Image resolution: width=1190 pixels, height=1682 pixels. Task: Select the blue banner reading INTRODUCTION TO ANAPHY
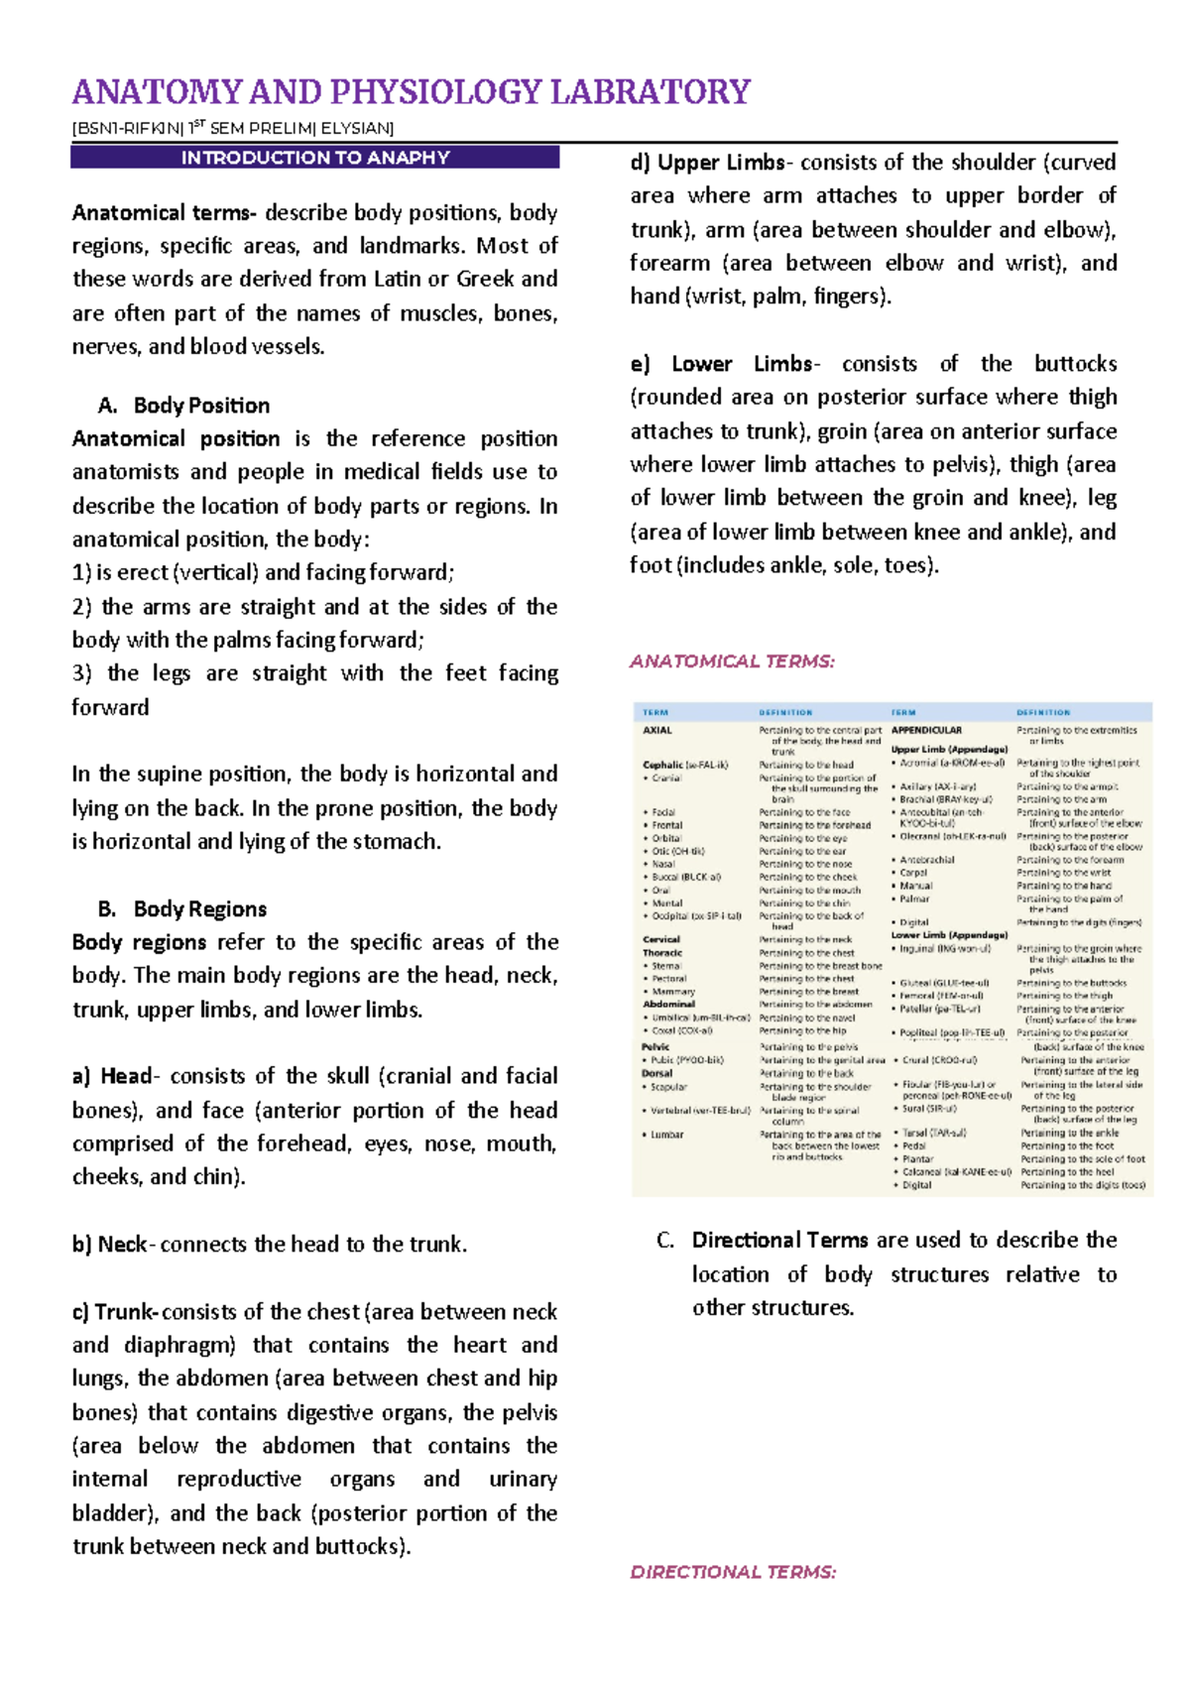coord(314,158)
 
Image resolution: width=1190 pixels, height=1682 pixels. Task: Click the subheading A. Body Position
coord(184,406)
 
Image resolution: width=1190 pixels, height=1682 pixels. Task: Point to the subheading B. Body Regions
coord(182,909)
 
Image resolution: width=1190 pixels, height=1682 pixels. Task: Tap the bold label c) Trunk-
coord(115,1312)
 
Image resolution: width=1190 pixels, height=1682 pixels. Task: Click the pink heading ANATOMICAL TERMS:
coord(732,661)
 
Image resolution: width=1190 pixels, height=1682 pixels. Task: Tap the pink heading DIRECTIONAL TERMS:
coord(733,1572)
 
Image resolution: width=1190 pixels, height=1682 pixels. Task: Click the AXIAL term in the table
coord(657,731)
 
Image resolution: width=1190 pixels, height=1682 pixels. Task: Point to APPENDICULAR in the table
coord(926,731)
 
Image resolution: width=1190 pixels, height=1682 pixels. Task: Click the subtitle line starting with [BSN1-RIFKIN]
coord(233,128)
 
